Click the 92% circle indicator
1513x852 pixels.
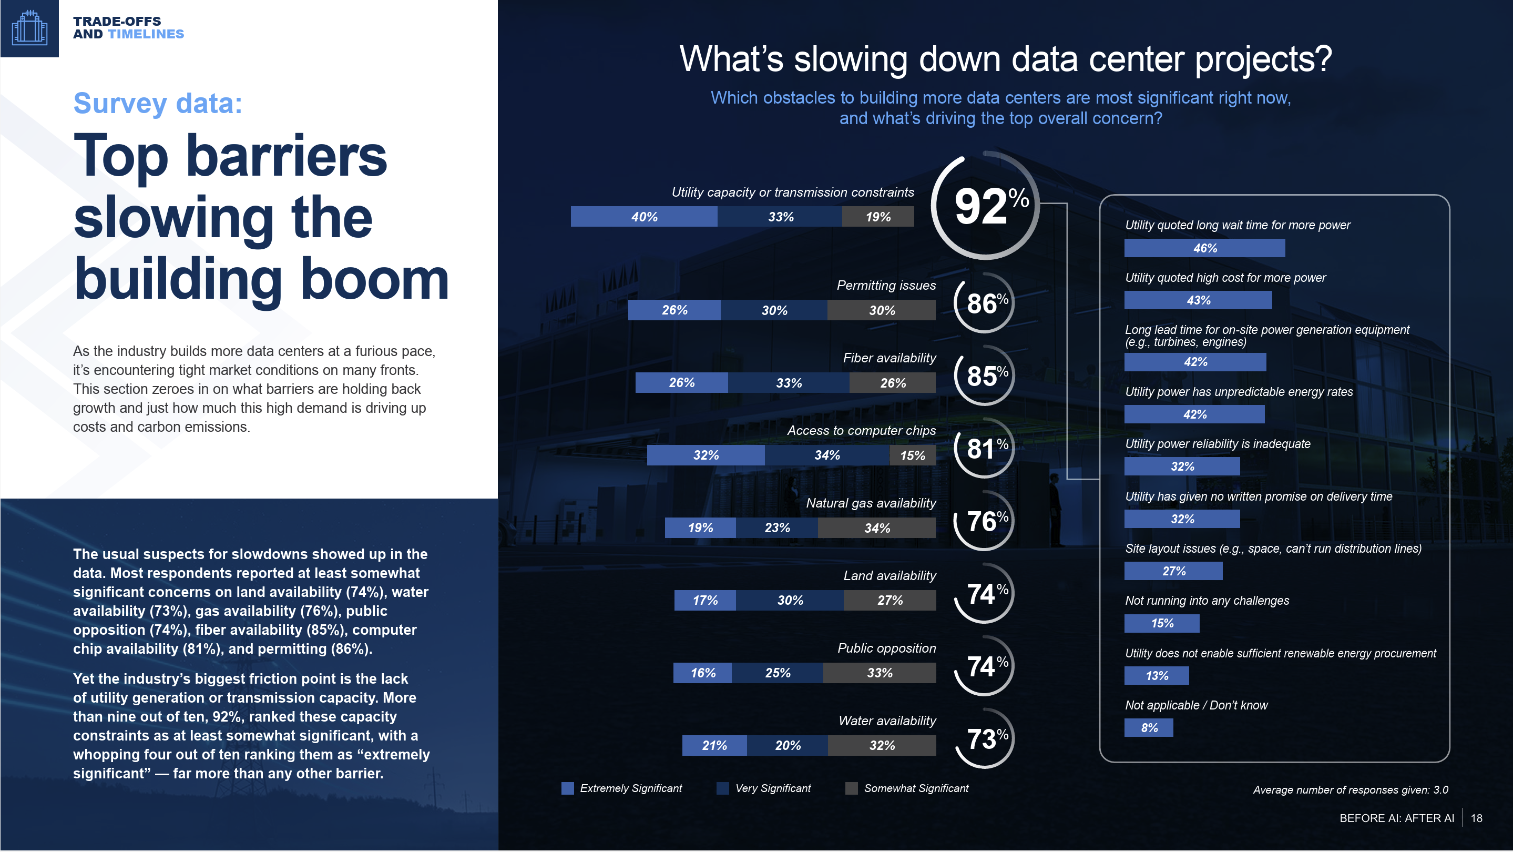(x=986, y=206)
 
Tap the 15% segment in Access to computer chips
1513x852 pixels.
(x=912, y=455)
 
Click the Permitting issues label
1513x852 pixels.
(x=886, y=286)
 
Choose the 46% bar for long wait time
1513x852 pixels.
(x=1204, y=248)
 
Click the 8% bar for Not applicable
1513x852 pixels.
(x=1148, y=728)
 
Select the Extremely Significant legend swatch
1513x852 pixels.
(x=567, y=788)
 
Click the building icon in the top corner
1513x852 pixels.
(x=29, y=28)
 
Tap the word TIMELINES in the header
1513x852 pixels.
(x=146, y=34)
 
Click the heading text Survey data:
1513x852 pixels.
(x=157, y=104)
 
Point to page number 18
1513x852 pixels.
(x=1476, y=818)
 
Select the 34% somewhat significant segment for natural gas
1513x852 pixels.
(x=876, y=528)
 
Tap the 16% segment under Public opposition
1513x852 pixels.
(x=702, y=673)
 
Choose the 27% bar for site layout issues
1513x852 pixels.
(x=1173, y=571)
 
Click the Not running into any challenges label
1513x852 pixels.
(x=1207, y=601)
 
